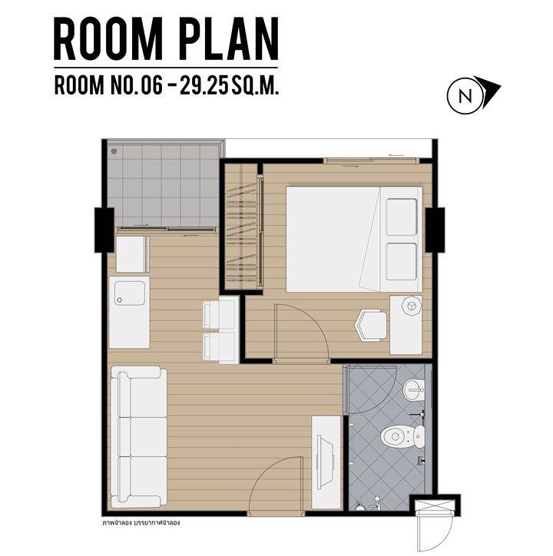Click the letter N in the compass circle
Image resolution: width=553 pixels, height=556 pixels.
click(x=465, y=96)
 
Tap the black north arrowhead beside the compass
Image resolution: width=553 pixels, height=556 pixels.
click(x=488, y=91)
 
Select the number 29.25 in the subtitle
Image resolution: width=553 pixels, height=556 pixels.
click(x=204, y=85)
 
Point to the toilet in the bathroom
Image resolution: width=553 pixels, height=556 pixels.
click(x=402, y=436)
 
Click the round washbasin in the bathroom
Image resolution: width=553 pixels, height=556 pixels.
click(x=413, y=389)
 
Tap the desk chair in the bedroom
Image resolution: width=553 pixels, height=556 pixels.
click(x=371, y=325)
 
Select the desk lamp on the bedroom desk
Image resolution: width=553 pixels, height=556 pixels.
click(x=412, y=306)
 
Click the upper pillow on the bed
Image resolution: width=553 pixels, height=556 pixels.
click(x=401, y=217)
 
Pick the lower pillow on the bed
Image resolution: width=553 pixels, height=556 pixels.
click(x=401, y=261)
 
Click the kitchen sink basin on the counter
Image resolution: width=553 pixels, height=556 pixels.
click(x=130, y=293)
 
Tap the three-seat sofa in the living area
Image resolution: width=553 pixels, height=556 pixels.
click(x=139, y=436)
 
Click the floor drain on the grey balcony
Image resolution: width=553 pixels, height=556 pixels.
click(x=114, y=151)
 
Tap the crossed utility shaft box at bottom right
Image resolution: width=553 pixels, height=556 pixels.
click(x=435, y=505)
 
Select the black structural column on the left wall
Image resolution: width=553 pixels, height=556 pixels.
click(x=104, y=230)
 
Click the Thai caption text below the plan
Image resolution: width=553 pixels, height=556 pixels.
click(x=141, y=523)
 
